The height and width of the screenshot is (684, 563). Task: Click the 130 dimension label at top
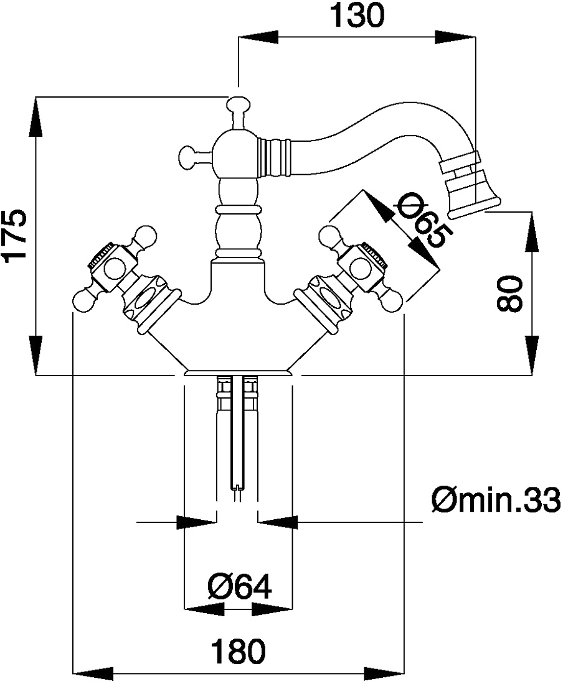tap(357, 16)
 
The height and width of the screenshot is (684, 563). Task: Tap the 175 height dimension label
tap(16, 237)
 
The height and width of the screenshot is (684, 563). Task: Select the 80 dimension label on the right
tap(509, 293)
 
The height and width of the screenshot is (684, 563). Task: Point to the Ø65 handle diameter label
tap(421, 222)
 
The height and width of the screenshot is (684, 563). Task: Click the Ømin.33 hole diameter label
tap(496, 501)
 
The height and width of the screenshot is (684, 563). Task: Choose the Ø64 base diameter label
tap(240, 587)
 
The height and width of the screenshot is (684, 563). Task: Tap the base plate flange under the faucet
tap(238, 372)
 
